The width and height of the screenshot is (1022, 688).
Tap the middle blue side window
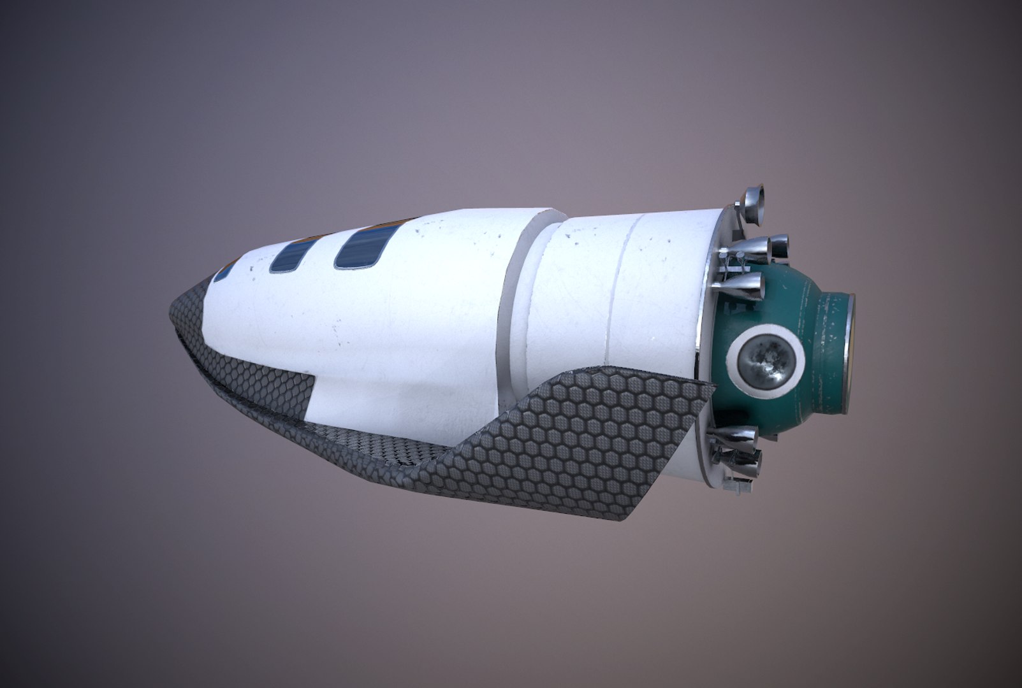288,257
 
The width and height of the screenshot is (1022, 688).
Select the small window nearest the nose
224,272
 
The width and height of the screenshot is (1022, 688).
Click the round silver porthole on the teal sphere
764,361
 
